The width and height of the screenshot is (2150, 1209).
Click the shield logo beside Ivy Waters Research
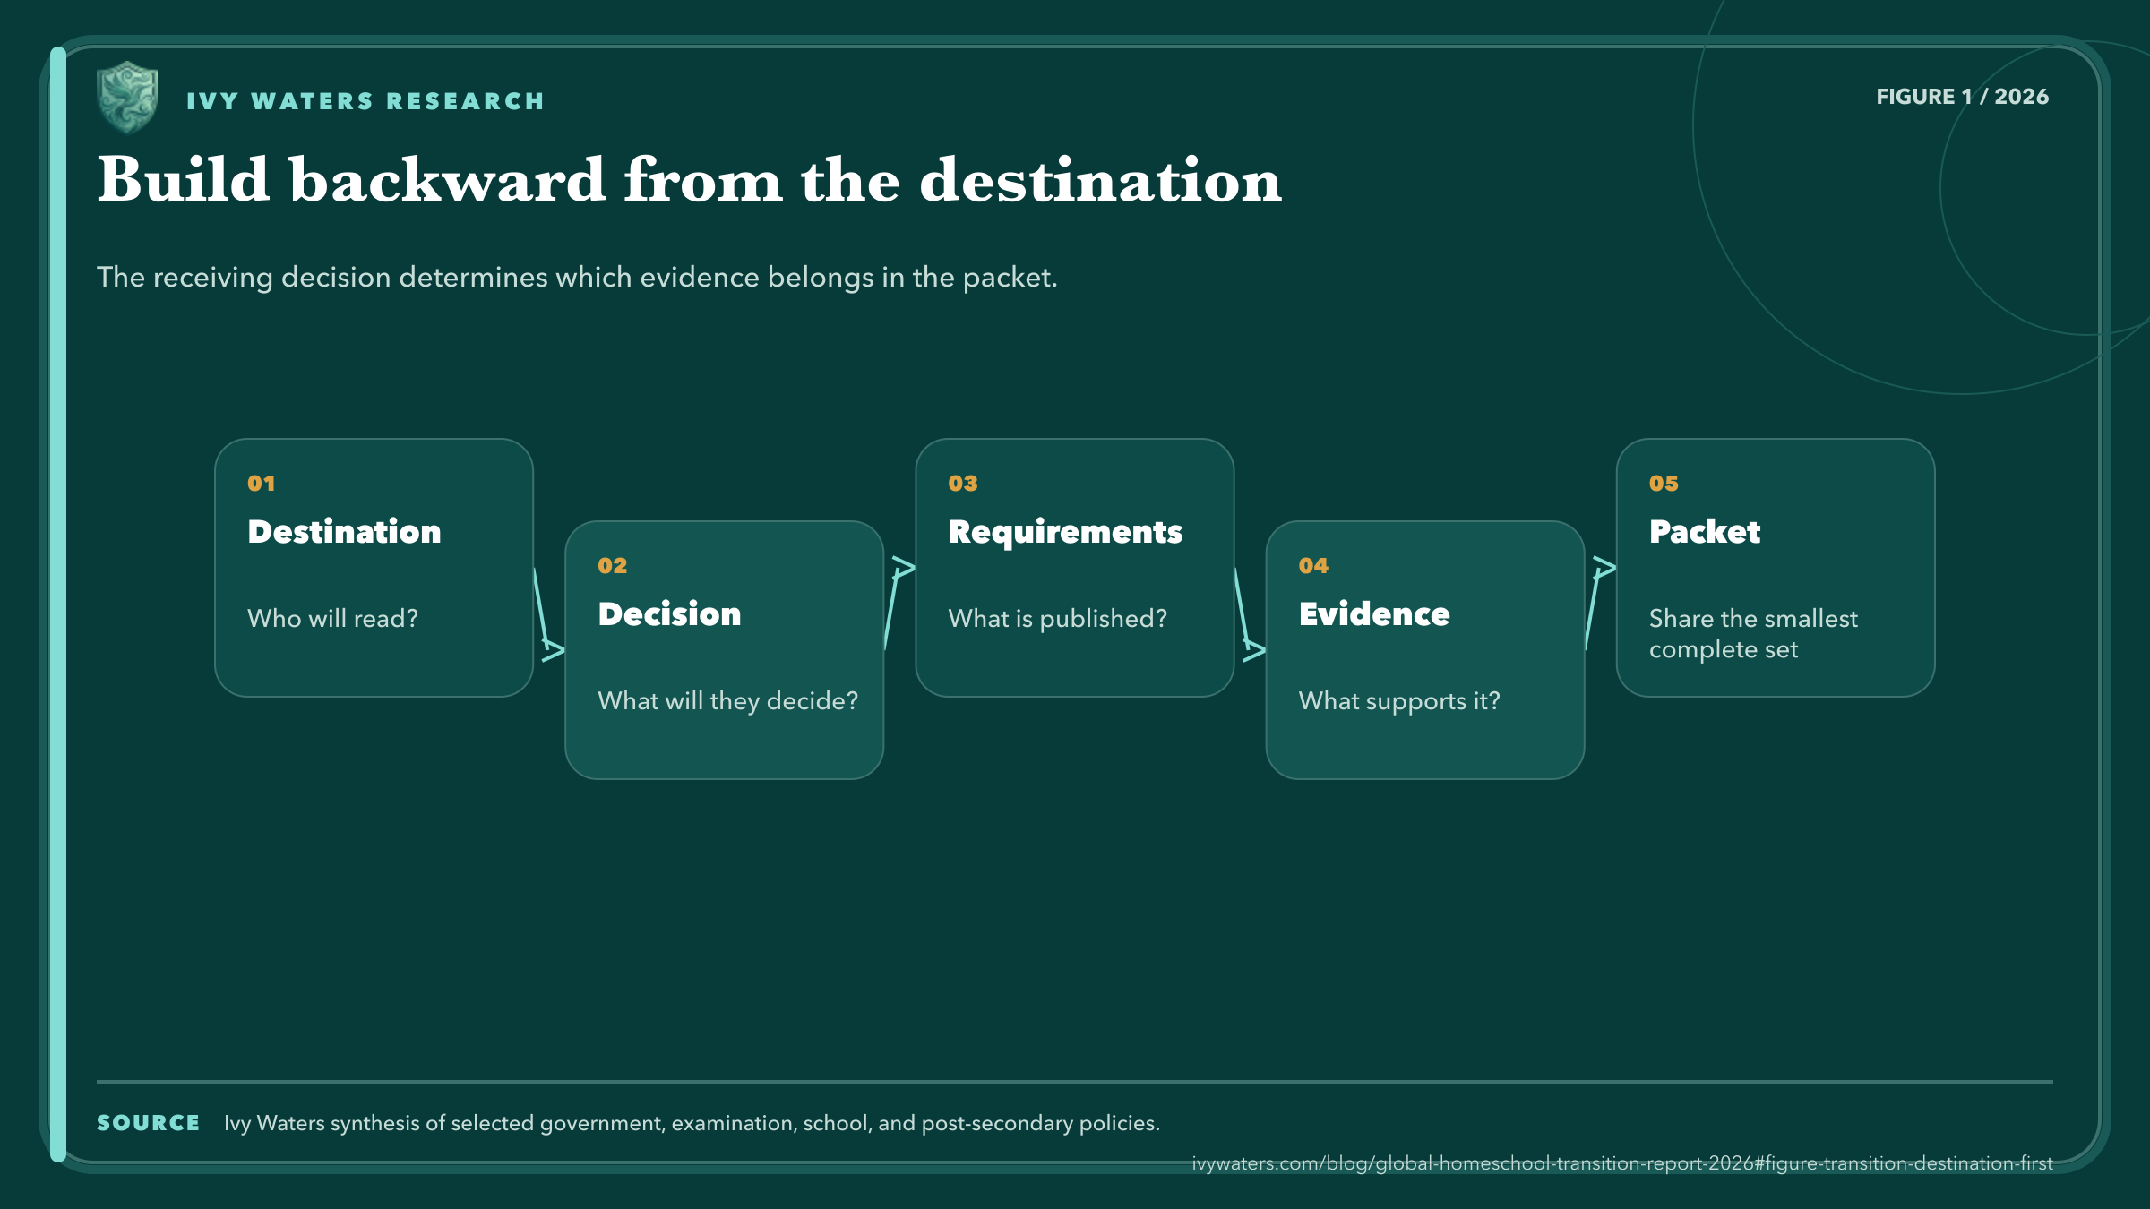coord(127,98)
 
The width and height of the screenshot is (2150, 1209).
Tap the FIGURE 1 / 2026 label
coord(1962,97)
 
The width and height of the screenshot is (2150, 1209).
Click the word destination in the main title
coord(1100,180)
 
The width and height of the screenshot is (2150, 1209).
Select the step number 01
coord(262,484)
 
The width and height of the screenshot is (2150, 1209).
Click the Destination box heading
coord(344,532)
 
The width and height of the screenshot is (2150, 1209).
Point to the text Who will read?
coord(332,618)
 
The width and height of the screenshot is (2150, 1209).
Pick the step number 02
coord(613,566)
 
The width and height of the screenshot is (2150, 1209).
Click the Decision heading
coord(669,614)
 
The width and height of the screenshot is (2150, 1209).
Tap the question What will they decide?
coord(727,700)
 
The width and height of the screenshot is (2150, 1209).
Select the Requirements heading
coord(1065,533)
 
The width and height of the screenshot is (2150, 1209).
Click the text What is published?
coord(1057,619)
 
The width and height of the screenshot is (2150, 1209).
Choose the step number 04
coord(1313,566)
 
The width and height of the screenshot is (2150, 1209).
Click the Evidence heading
coord(1374,614)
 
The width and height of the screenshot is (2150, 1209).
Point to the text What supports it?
coord(1398,701)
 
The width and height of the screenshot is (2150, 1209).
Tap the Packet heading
coord(1705,532)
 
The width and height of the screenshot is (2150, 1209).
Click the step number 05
coord(1664,484)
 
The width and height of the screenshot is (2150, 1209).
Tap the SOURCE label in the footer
coord(148,1123)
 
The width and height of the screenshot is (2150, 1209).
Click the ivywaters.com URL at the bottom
coord(1621,1163)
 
